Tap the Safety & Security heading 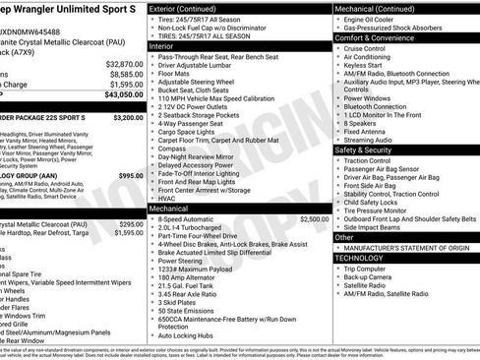coord(363,150)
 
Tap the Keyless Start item coord(365,65)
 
